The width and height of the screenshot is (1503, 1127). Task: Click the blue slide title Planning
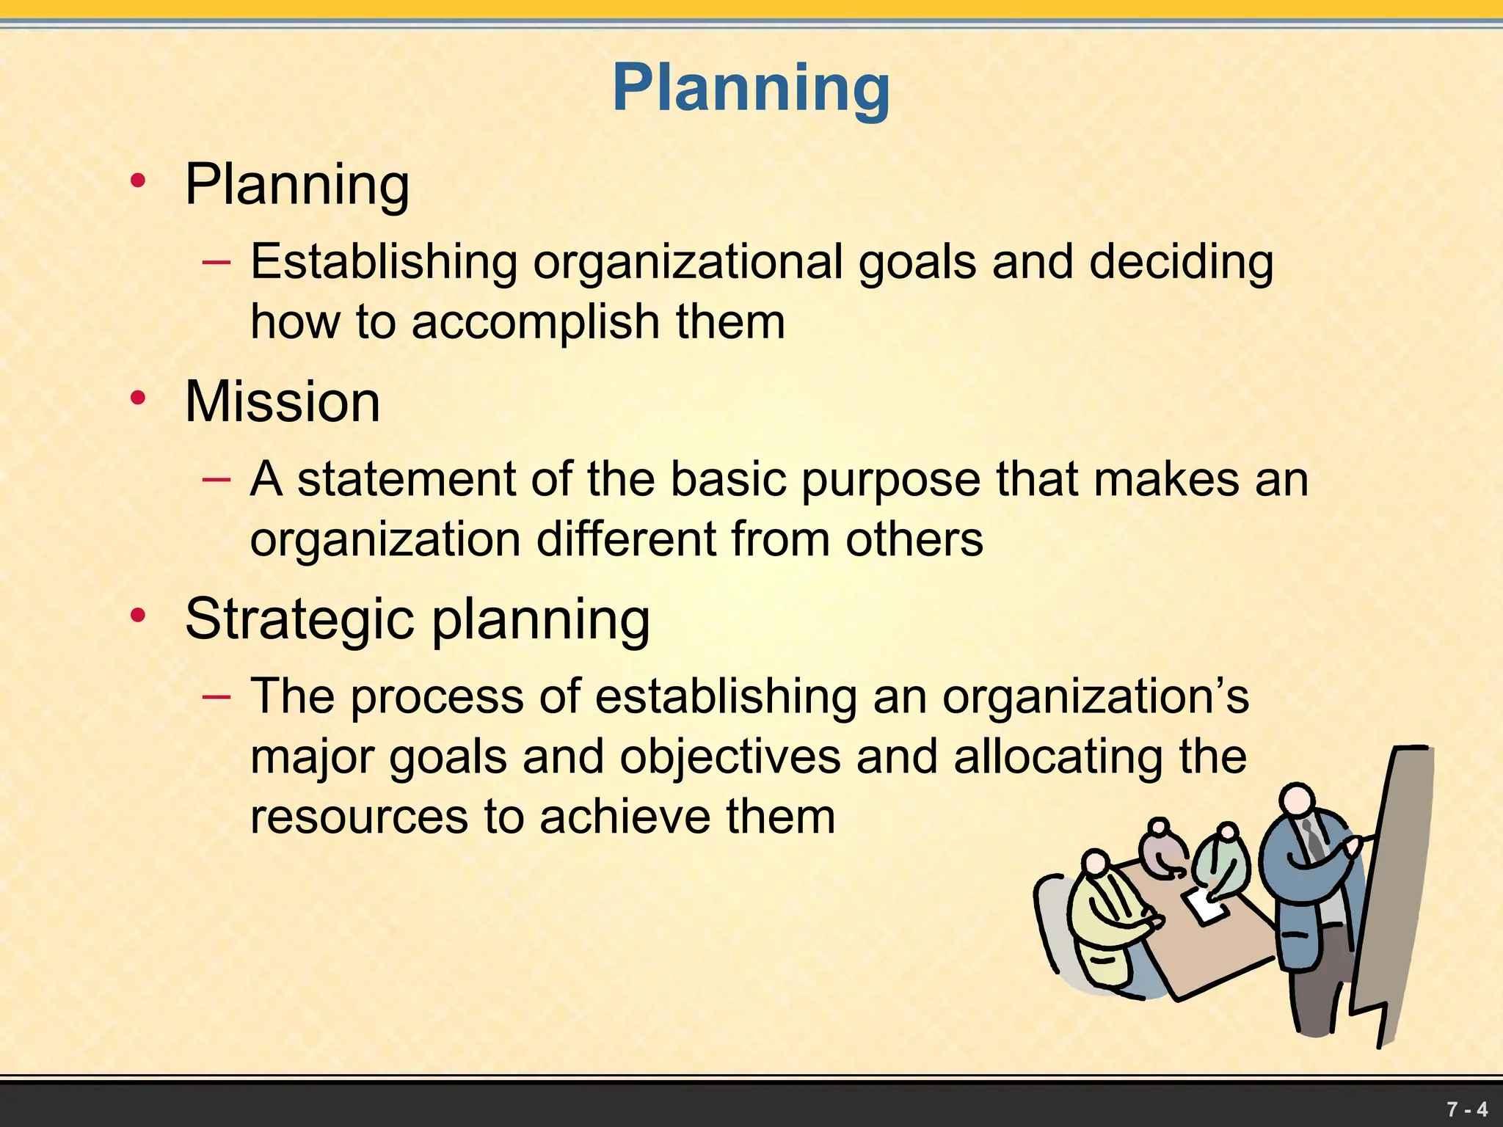pyautogui.click(x=751, y=88)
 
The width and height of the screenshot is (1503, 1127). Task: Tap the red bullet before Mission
pyautogui.click(x=137, y=398)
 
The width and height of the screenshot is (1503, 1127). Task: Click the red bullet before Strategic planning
pyautogui.click(x=137, y=616)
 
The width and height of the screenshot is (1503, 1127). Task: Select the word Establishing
pyautogui.click(x=384, y=262)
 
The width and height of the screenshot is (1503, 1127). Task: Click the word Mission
pyautogui.click(x=283, y=402)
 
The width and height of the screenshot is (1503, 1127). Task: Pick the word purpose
pyautogui.click(x=890, y=481)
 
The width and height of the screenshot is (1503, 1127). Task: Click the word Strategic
pyautogui.click(x=299, y=619)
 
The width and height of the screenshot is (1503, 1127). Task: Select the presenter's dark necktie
pyautogui.click(x=1313, y=840)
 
